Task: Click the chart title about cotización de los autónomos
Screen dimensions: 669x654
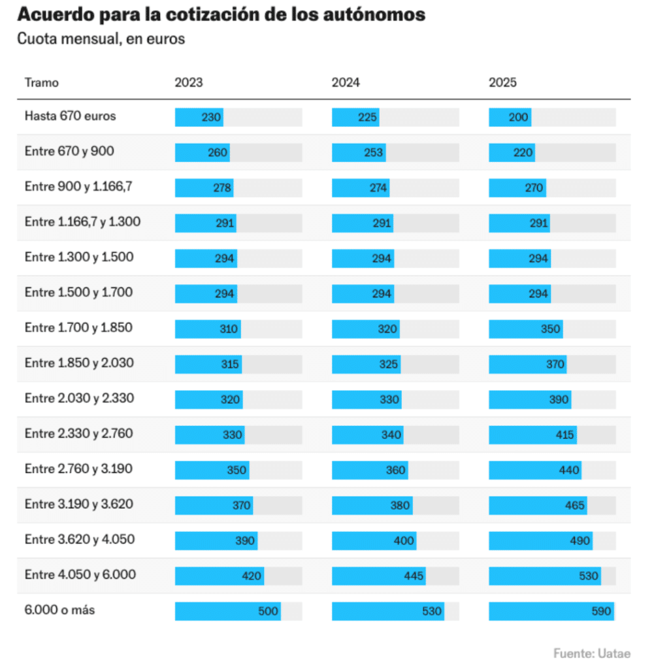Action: (221, 14)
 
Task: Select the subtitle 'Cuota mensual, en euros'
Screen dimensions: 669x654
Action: (101, 39)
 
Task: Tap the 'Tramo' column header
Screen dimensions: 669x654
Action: (42, 83)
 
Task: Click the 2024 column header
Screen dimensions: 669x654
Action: (346, 83)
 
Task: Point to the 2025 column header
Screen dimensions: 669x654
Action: (502, 83)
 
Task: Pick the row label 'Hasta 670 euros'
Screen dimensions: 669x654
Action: (71, 116)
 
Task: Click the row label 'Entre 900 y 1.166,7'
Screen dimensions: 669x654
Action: (79, 187)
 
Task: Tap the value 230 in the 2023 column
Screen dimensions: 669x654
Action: (211, 118)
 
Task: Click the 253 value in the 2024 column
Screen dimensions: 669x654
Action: (372, 153)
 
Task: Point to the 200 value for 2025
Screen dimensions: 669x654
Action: (518, 118)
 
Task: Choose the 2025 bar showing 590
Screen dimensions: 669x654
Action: (551, 612)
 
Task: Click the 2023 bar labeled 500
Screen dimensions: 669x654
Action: (227, 612)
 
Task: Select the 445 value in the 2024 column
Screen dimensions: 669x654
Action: (413, 576)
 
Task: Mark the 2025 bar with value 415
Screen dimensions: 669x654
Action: (532, 435)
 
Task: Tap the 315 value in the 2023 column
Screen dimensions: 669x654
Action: (230, 365)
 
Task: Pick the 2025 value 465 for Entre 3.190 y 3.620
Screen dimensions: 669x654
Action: (574, 506)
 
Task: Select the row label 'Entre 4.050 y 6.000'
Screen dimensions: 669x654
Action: (80, 575)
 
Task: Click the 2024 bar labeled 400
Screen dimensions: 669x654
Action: (374, 541)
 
